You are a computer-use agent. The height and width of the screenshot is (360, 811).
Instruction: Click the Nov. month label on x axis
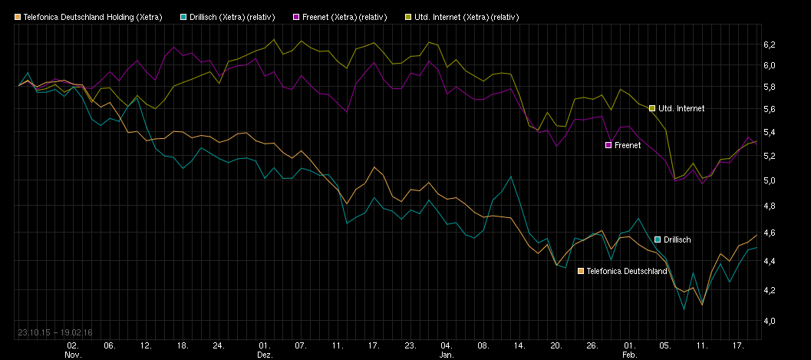point(73,355)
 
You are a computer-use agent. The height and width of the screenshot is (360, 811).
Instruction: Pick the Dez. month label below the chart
point(265,355)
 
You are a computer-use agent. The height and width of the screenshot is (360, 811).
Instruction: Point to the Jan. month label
point(447,355)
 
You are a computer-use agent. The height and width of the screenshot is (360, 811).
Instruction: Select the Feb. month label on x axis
point(629,355)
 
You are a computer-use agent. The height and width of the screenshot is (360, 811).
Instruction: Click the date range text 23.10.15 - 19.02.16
point(54,332)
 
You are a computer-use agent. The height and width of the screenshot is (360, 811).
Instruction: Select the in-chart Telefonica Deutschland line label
point(626,271)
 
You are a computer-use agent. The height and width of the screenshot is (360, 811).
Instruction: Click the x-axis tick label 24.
point(219,346)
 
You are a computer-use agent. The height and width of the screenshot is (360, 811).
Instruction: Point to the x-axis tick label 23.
point(410,346)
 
